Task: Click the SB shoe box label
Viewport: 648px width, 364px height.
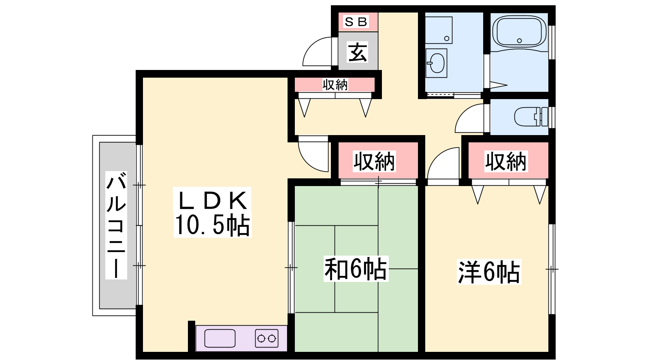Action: [356, 22]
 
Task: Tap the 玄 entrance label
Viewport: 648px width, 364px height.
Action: [358, 52]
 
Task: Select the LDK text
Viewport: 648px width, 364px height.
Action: [212, 200]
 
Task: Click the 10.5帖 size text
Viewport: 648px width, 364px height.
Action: [212, 225]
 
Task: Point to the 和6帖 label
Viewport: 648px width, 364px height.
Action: [356, 269]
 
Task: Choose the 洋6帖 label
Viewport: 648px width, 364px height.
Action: [489, 272]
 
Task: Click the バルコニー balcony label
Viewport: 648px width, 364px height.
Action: [116, 225]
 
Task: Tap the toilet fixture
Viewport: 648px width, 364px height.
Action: [531, 117]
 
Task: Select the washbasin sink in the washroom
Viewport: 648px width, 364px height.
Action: [437, 63]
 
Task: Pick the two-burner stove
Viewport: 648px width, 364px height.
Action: [267, 338]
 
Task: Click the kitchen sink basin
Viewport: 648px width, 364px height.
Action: [220, 338]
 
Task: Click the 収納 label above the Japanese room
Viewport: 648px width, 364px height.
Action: [374, 161]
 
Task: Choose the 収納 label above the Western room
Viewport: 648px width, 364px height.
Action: [506, 161]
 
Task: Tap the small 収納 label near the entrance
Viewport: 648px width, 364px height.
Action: [335, 85]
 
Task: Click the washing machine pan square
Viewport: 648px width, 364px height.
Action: [439, 30]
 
